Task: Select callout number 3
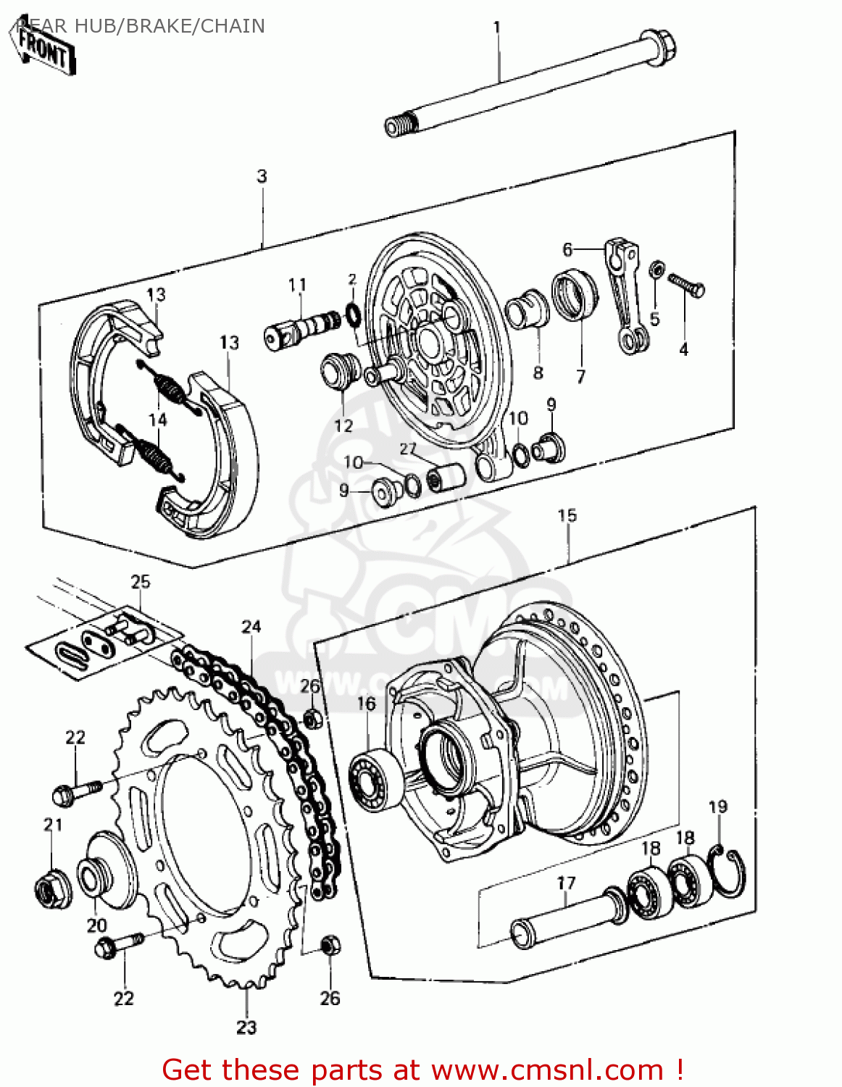tap(262, 176)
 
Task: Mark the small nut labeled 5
tap(656, 270)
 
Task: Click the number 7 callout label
tap(580, 377)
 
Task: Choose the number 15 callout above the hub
tap(567, 515)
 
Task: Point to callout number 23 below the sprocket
tap(246, 1027)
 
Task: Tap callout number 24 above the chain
tap(251, 626)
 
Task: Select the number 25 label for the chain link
tap(141, 581)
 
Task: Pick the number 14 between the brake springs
tap(157, 420)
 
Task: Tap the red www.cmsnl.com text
tap(547, 1070)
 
